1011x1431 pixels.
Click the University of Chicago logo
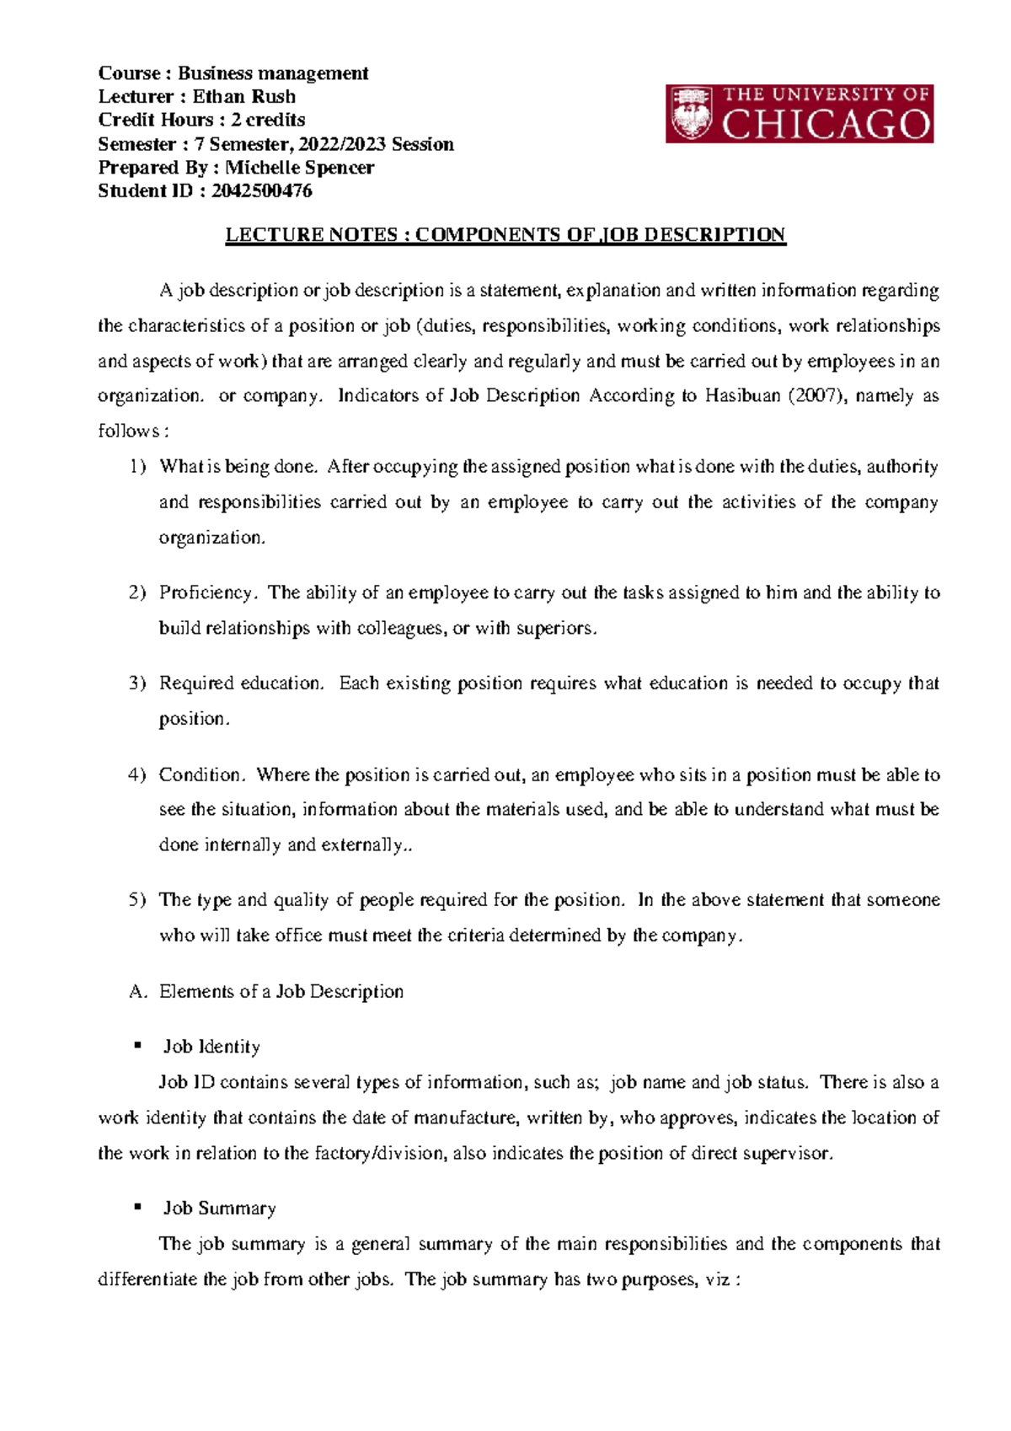(799, 113)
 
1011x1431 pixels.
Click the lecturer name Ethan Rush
(243, 96)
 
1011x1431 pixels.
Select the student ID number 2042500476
(261, 191)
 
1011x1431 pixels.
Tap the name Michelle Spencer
(299, 168)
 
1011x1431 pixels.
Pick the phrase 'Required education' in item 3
(240, 683)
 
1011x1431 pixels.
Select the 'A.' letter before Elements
(138, 992)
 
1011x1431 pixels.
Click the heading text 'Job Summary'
(219, 1209)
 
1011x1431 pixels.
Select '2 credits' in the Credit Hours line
(268, 120)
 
